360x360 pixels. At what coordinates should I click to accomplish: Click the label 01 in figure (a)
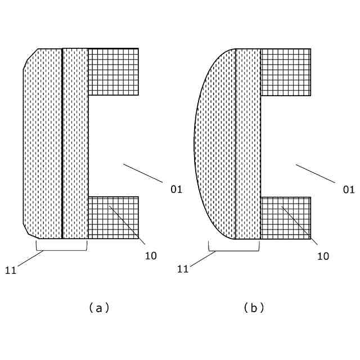(177, 190)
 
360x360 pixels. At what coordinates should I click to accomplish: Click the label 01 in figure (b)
(349, 190)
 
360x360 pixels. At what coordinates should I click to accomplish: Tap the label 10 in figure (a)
(151, 256)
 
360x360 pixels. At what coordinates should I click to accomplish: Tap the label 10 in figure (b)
(323, 256)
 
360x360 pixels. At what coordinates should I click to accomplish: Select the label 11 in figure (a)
(11, 270)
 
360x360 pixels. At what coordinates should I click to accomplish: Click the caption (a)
(98, 308)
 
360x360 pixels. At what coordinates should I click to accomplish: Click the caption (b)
(254, 308)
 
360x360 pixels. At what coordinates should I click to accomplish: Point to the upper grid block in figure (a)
(113, 71)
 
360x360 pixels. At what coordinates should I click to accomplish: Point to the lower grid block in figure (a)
(113, 218)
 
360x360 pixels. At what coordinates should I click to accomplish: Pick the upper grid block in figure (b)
(285, 71)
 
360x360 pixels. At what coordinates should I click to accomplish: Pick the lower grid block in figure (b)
(285, 218)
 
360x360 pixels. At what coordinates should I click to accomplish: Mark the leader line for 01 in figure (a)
(143, 173)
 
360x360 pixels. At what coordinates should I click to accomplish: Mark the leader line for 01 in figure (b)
(315, 173)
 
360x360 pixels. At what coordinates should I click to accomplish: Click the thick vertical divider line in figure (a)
(62, 143)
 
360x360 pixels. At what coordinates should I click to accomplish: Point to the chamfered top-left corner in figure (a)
(30, 58)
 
